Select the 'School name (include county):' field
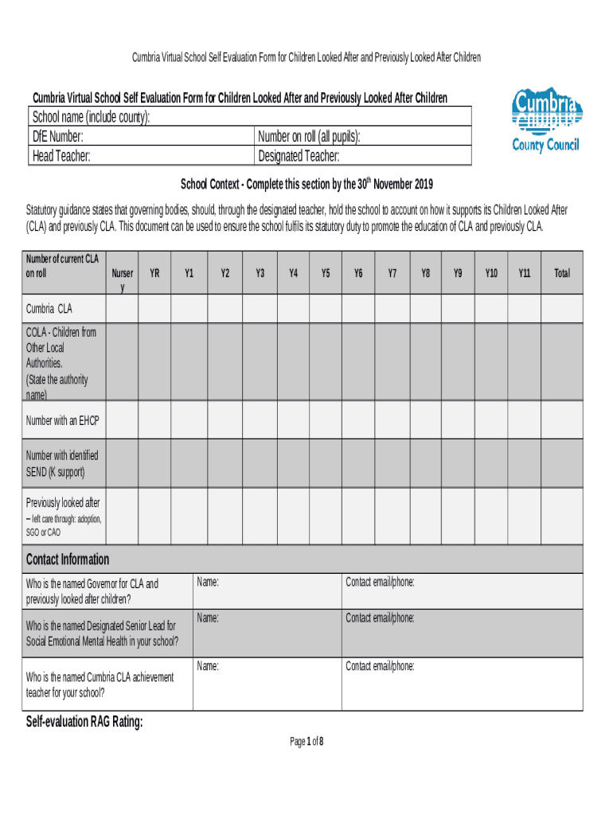click(91, 118)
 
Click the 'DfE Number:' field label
click(57, 137)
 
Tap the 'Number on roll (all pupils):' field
click(310, 137)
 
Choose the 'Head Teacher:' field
click(61, 156)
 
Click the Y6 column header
click(359, 273)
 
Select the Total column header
click(562, 273)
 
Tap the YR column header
click(155, 273)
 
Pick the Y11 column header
click(525, 273)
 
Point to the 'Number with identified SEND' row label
click(62, 464)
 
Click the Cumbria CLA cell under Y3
click(260, 309)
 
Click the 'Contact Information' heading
click(68, 559)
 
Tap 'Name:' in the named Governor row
click(208, 583)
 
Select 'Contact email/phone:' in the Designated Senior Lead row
click(380, 618)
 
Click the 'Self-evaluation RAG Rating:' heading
click(85, 723)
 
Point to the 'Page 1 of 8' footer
click(306, 742)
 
